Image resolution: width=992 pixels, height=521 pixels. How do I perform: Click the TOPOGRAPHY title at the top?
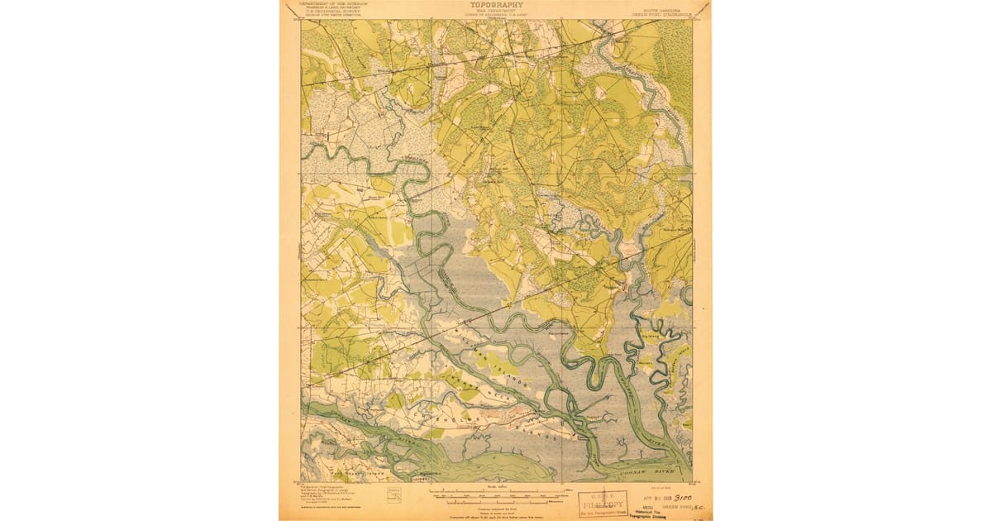click(496, 4)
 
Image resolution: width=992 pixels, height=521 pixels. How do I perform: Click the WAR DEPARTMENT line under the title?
click(496, 11)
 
